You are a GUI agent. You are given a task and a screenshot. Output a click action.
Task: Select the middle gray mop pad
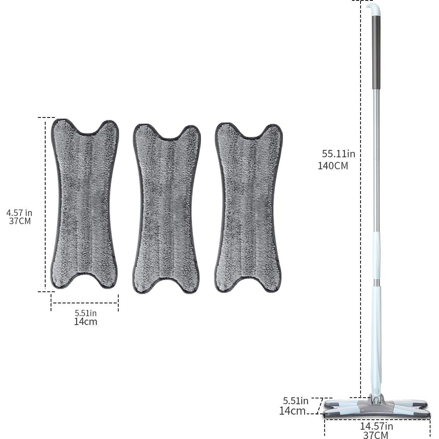pos(166,209)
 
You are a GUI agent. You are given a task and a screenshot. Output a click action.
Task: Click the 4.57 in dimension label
pos(19,212)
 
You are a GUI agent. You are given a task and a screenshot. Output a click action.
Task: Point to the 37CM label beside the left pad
pos(20,221)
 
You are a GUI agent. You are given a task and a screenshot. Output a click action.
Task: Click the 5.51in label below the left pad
pos(85,313)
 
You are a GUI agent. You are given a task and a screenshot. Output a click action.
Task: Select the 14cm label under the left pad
pos(85,322)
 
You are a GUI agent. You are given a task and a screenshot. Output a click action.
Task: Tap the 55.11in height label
pos(339,154)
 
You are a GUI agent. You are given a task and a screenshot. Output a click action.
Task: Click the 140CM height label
pos(333,166)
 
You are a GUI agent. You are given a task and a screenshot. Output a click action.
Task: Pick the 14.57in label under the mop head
pos(376,426)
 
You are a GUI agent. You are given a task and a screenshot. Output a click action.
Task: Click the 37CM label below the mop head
pos(376,435)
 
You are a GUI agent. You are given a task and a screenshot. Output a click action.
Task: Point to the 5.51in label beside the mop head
pos(296,401)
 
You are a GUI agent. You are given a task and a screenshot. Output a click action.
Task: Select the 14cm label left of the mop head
pos(293,411)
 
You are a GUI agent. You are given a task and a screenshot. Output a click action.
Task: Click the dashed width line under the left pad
pos(85,303)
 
